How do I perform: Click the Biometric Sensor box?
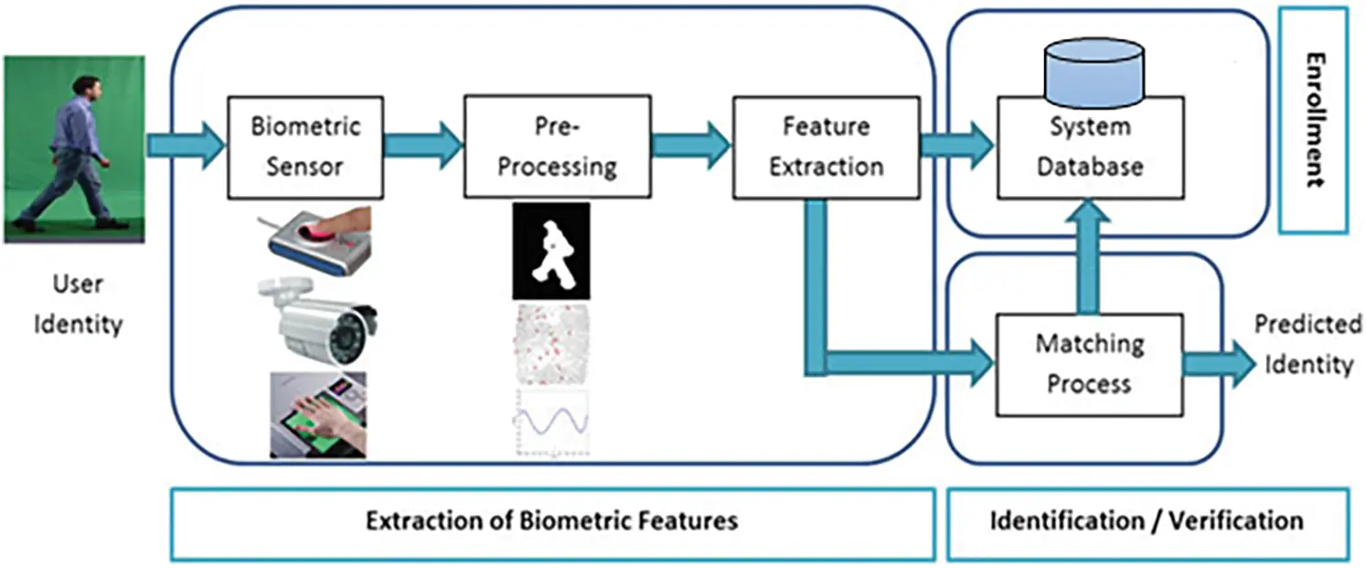(x=306, y=146)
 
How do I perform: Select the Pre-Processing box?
(x=558, y=146)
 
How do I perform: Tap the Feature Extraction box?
(x=826, y=146)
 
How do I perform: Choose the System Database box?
(x=1088, y=148)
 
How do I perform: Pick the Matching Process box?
(x=1088, y=362)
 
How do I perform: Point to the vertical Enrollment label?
(x=1314, y=121)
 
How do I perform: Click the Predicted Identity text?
(x=1307, y=345)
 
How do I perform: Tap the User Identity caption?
(x=78, y=304)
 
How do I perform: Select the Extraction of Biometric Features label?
(x=551, y=521)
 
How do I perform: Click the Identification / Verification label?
(x=1147, y=521)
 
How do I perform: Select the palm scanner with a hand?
(x=318, y=414)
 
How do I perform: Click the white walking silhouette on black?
(x=550, y=251)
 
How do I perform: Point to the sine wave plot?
(x=550, y=423)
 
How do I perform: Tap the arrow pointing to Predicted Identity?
(x=1220, y=362)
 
